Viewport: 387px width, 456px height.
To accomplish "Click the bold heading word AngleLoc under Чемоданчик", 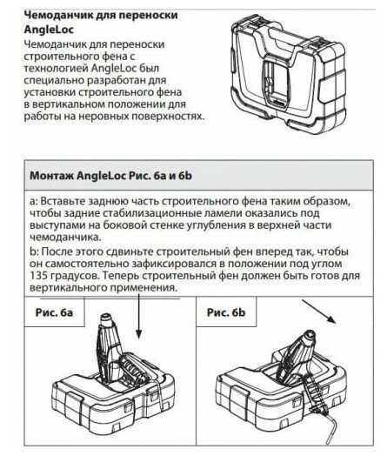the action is (49, 30).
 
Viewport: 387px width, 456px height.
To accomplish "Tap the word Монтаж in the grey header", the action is (51, 176).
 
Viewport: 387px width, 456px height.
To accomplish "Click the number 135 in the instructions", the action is (38, 275).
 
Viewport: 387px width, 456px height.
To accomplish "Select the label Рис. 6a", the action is (54, 312).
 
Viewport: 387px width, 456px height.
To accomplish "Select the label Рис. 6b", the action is (226, 312).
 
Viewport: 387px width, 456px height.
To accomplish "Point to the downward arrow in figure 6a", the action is (139, 316).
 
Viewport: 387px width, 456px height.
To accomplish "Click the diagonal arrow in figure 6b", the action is (319, 312).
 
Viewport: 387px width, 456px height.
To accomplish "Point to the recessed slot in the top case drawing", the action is (275, 84).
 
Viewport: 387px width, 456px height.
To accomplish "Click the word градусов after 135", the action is (75, 276).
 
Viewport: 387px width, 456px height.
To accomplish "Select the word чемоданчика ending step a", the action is (65, 237).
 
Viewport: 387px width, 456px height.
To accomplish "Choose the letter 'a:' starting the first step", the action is (33, 201).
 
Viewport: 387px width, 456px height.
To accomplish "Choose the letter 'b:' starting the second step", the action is (34, 251).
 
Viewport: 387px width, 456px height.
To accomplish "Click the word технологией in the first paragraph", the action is (56, 69).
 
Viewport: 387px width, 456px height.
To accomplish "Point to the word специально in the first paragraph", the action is (54, 80).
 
